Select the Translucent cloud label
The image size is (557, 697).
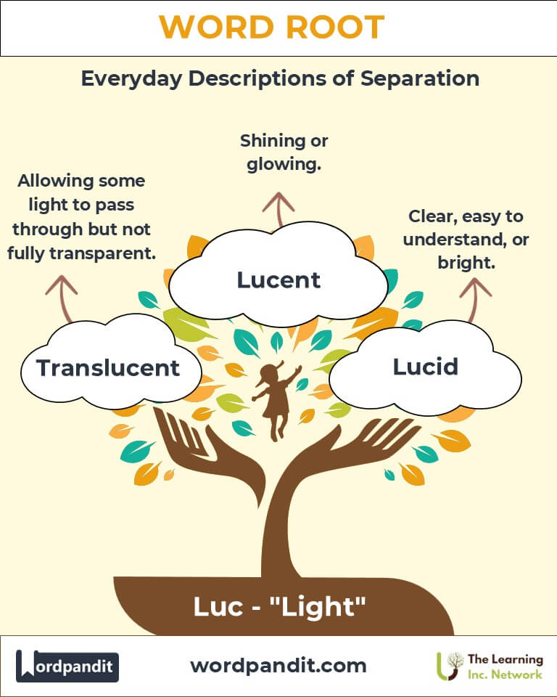pos(108,368)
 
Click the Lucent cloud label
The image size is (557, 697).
pos(278,279)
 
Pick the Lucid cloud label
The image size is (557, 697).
pos(426,367)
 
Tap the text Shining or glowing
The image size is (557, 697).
pos(278,152)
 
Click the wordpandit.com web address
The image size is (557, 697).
pos(278,665)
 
